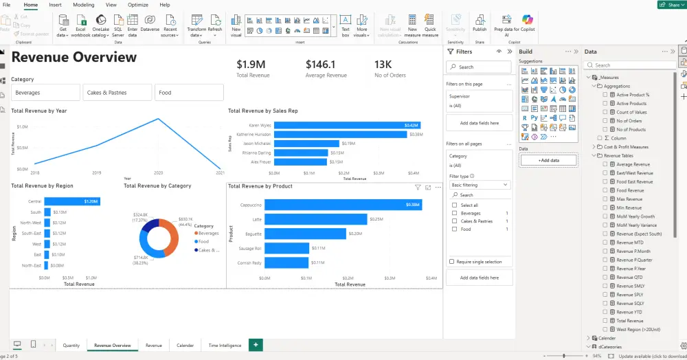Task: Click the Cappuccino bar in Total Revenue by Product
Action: click(342, 205)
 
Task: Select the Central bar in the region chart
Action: click(71, 201)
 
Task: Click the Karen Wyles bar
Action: click(342, 125)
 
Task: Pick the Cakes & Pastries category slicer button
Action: click(117, 92)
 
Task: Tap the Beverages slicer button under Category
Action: click(45, 92)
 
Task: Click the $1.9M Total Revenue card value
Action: click(252, 64)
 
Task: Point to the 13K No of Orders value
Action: click(383, 64)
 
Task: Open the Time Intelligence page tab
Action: click(225, 345)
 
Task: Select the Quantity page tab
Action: click(71, 345)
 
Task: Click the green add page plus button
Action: click(256, 345)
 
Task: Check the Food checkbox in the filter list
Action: click(454, 229)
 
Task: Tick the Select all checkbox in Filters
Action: click(454, 205)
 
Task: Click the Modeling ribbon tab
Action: click(83, 5)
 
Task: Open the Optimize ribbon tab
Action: click(137, 5)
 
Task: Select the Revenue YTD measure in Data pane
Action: click(630, 312)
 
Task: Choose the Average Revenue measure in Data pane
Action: click(633, 164)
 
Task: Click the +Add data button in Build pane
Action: click(548, 160)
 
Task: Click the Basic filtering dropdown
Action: click(480, 185)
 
